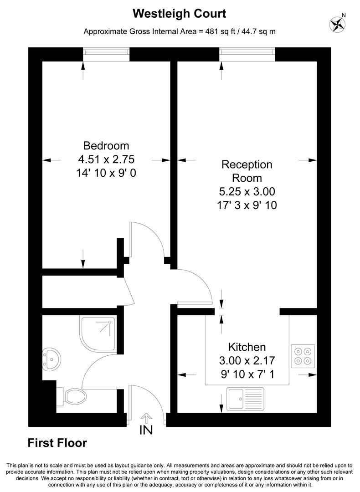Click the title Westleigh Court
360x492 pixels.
[x=180, y=14]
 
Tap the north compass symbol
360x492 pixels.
[x=338, y=23]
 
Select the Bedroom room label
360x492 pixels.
[x=106, y=146]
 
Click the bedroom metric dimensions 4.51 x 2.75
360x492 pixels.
[x=106, y=159]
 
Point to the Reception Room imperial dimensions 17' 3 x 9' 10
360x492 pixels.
[x=247, y=205]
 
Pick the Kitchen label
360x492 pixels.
[x=247, y=347]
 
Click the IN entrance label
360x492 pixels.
[x=146, y=430]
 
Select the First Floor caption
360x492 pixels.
[x=57, y=442]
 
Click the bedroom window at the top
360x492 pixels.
[x=107, y=54]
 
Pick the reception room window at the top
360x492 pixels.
[x=247, y=54]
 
